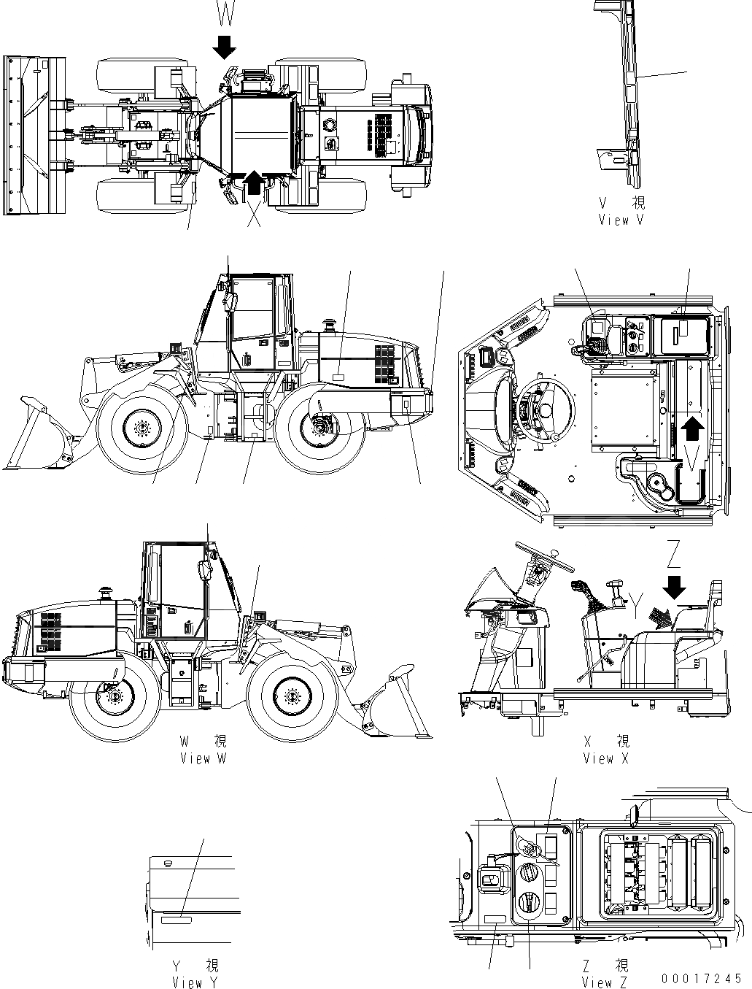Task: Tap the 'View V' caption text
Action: coord(621,219)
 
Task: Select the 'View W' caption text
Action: coord(203,758)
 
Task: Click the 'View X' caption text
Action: coord(605,758)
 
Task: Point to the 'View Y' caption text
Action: coord(195,982)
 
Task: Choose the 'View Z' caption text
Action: coord(605,982)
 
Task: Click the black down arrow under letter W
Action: coord(225,47)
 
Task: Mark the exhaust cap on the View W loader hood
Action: coord(108,589)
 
